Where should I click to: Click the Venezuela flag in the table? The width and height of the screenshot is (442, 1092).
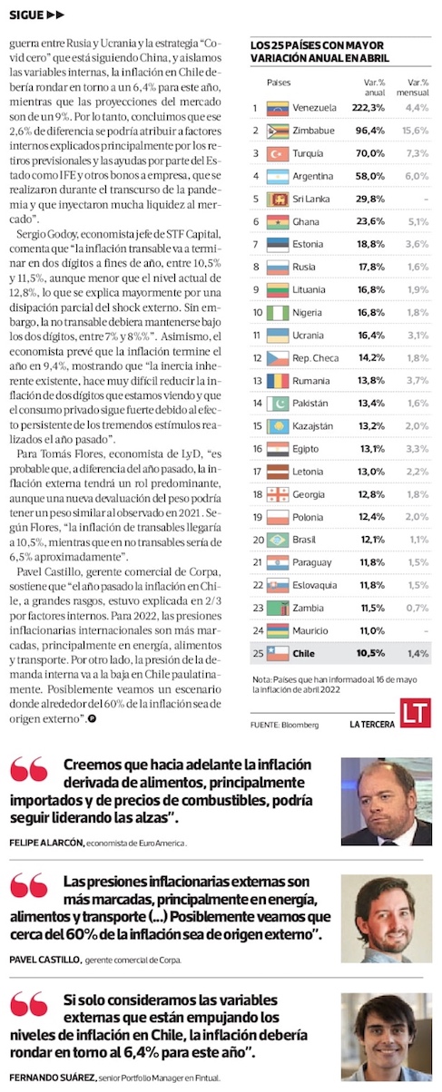click(x=278, y=108)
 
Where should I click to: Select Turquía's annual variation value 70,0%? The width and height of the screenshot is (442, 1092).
click(x=369, y=153)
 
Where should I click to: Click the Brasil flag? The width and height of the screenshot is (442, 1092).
click(x=278, y=540)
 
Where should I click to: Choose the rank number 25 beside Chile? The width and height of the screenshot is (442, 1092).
click(x=258, y=653)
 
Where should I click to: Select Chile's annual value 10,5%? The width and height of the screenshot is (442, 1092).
click(x=370, y=653)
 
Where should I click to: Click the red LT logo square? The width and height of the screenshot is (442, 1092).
click(x=415, y=712)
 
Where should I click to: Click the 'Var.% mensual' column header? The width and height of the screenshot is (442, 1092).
click(x=413, y=88)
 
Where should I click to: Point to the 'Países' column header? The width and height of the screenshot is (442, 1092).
click(x=279, y=83)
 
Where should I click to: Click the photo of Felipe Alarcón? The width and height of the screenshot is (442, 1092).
click(x=387, y=802)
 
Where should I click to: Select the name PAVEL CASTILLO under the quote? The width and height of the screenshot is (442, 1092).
click(x=44, y=960)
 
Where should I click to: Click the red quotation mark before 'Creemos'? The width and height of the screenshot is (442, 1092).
click(x=29, y=769)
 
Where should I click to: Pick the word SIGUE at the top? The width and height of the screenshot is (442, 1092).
click(x=26, y=15)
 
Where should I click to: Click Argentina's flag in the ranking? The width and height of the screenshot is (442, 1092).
click(x=278, y=176)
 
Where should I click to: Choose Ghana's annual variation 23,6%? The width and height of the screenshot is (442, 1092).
click(x=370, y=221)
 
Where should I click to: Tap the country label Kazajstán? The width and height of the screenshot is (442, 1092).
click(x=313, y=426)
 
